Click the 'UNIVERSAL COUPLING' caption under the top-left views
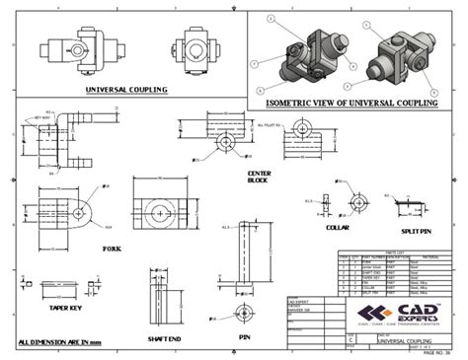click(124, 90)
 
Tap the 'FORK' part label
click(112, 249)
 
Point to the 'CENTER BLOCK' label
click(258, 177)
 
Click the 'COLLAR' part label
click(339, 226)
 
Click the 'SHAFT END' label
click(163, 338)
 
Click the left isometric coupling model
click(302, 53)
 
